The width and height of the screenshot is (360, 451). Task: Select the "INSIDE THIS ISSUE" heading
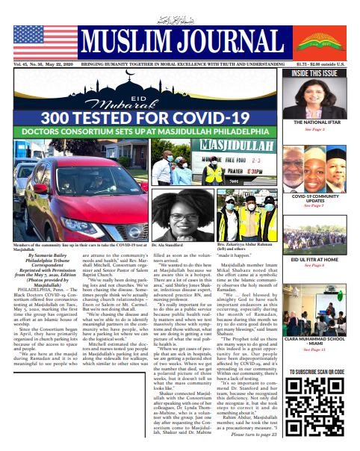click(x=314, y=72)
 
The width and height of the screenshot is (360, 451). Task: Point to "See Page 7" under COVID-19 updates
click(x=314, y=205)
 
